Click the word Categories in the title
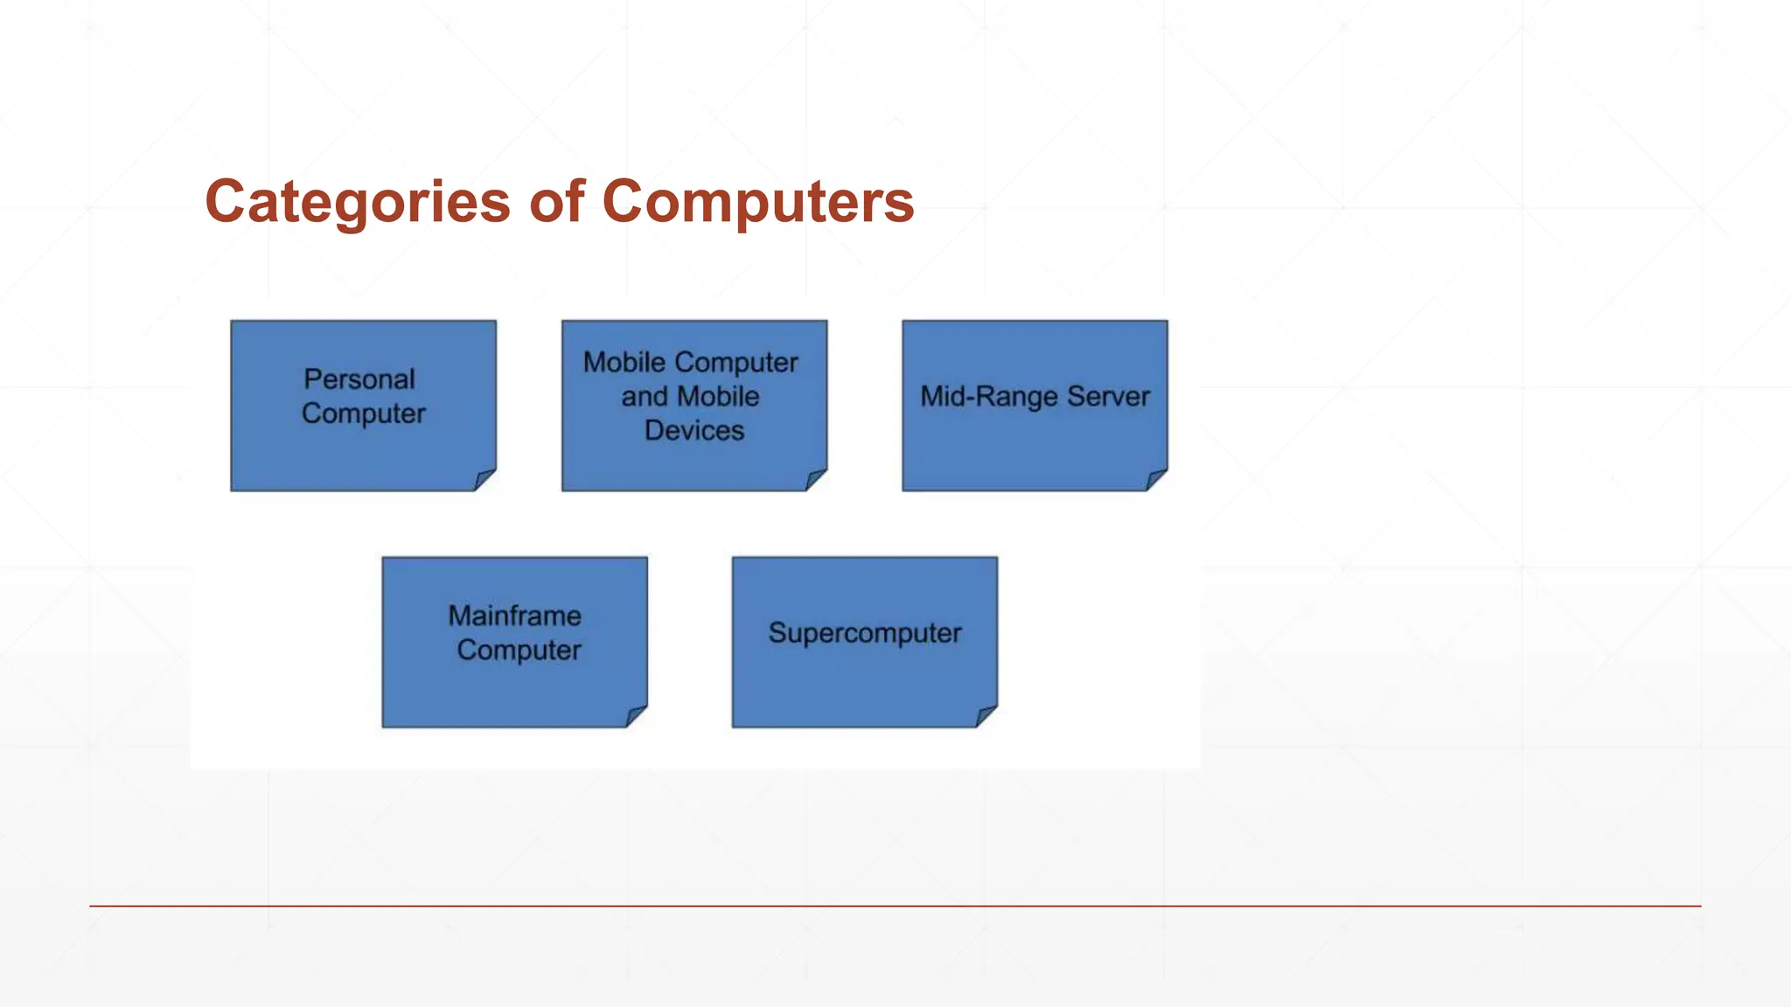click(357, 203)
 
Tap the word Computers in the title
click(757, 201)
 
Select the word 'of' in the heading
click(556, 201)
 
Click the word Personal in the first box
click(359, 379)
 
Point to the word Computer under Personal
click(364, 413)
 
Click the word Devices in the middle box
click(694, 430)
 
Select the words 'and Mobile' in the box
click(690, 396)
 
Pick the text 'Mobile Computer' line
click(690, 362)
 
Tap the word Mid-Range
click(988, 396)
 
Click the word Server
click(1108, 396)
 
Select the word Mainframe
click(514, 615)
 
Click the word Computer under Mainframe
click(519, 649)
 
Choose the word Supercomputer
click(865, 633)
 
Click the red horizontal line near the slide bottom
click(895, 906)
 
